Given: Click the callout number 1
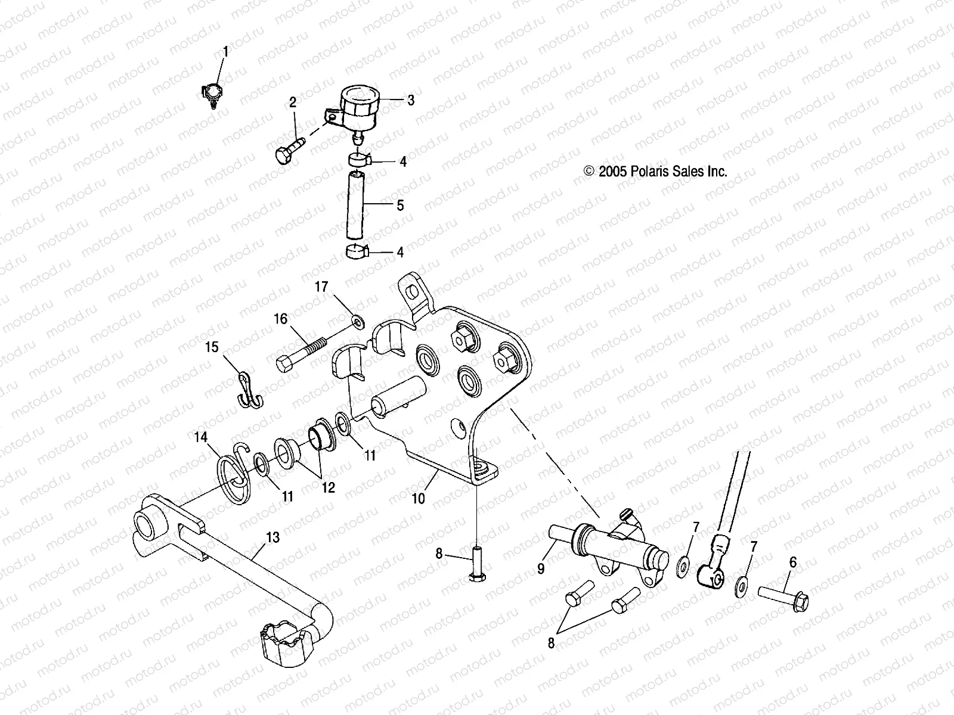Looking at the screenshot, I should coord(225,52).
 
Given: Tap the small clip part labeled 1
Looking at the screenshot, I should coord(213,94).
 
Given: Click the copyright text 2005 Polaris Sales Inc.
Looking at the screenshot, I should coord(656,172).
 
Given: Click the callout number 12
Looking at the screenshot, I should coord(328,488).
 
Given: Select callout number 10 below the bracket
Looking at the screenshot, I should coord(419,498).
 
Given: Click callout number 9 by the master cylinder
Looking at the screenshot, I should coord(541,568).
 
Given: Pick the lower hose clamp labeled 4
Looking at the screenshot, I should coord(358,252).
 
